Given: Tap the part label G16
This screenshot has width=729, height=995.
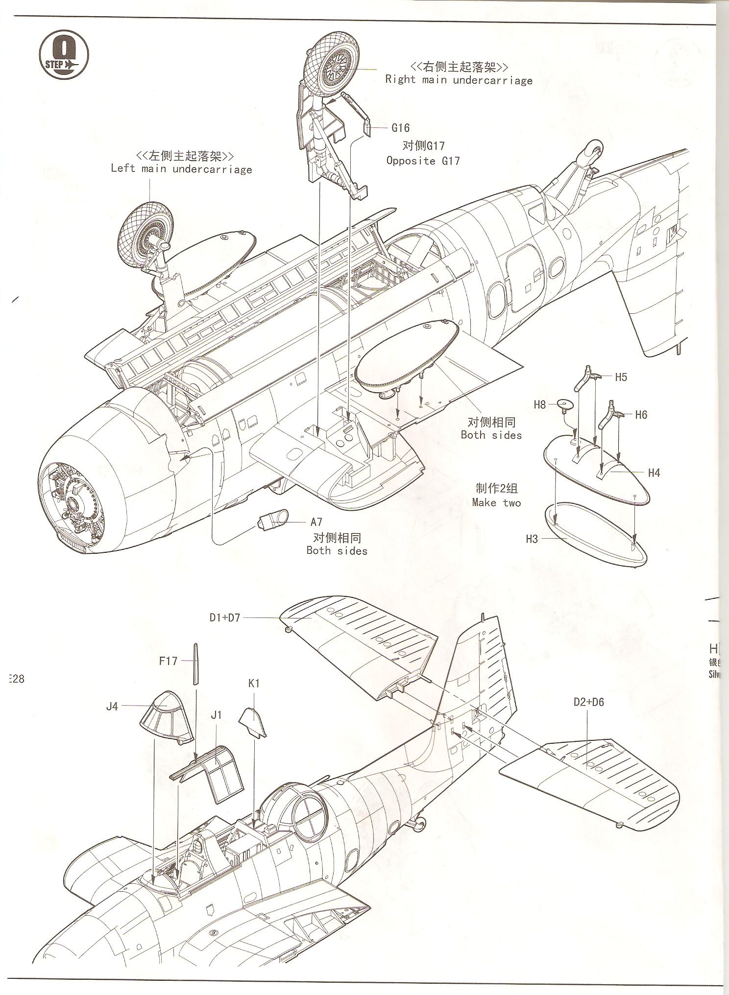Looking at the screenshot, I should tap(400, 128).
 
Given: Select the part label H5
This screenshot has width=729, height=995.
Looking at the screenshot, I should tap(621, 377).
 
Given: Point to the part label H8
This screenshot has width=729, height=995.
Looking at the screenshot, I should tap(539, 404).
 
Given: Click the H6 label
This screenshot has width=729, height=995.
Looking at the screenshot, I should tap(641, 415).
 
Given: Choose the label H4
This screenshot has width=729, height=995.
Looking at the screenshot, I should tap(654, 473).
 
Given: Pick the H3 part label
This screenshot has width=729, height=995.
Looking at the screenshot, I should tap(532, 539).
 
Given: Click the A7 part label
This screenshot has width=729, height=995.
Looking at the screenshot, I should tap(316, 522).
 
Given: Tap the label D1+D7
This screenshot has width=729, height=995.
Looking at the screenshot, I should tap(225, 617).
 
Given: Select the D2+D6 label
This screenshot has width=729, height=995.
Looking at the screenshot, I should tap(589, 702).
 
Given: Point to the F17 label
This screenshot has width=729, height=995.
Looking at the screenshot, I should tap(168, 661).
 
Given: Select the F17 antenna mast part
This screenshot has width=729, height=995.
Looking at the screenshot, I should tap(196, 663).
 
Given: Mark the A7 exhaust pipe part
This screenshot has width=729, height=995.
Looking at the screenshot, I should tap(273, 521).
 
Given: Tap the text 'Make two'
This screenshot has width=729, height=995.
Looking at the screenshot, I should tap(496, 503).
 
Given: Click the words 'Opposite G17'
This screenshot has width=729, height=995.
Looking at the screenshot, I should tap(423, 161).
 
